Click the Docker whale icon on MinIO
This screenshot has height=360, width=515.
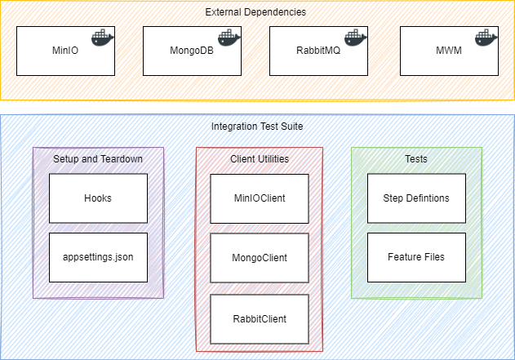(x=102, y=38)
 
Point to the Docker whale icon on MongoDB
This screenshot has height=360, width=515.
(x=229, y=38)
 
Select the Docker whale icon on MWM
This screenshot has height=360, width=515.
(x=482, y=38)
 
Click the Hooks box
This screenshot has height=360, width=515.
(x=98, y=198)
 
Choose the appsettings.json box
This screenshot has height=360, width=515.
(x=98, y=256)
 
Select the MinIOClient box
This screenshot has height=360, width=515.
(x=260, y=198)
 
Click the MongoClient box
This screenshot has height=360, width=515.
(x=260, y=258)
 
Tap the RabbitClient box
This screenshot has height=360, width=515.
(x=260, y=318)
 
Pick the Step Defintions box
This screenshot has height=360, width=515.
(x=416, y=198)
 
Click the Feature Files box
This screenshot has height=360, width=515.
(x=416, y=256)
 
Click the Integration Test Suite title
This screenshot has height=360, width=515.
(x=257, y=127)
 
